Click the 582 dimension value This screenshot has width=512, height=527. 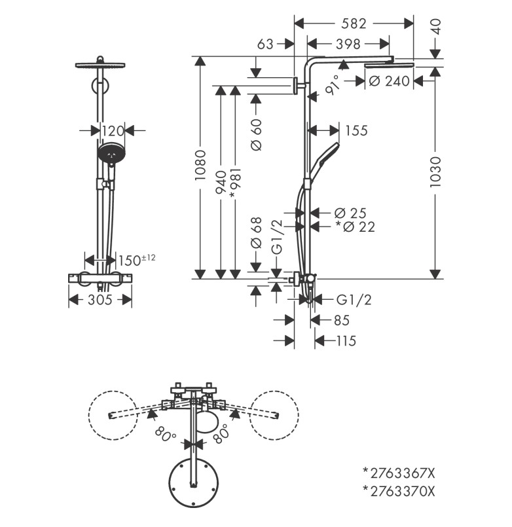pos(354,24)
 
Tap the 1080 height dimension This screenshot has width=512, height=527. pos(200,168)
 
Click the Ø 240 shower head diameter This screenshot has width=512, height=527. pos(389,81)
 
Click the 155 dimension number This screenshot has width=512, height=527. pos(356,130)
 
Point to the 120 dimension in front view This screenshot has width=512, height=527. pos(112,130)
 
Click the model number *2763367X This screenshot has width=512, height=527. pos(399,472)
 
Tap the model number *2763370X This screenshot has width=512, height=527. pos(399,491)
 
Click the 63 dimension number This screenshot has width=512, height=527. pos(265,45)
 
